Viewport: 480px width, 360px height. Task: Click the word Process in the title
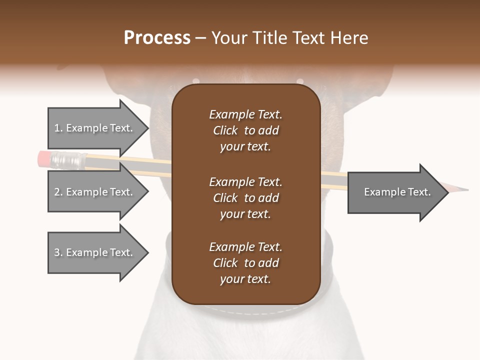click(x=157, y=38)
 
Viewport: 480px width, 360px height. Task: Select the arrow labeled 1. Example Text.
click(x=95, y=128)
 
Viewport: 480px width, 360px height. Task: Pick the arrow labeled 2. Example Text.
click(x=95, y=192)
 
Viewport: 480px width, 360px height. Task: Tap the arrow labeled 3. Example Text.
click(x=95, y=252)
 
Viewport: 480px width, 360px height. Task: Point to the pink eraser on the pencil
click(x=44, y=159)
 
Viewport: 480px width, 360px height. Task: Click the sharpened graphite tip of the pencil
click(x=465, y=190)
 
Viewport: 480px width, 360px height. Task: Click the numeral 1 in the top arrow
click(x=57, y=128)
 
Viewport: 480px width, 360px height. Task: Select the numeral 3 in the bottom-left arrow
click(x=57, y=252)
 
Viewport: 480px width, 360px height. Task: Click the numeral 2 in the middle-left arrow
click(x=57, y=192)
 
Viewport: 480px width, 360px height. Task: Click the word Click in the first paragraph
click(x=225, y=131)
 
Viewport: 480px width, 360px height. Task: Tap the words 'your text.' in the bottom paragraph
click(x=245, y=279)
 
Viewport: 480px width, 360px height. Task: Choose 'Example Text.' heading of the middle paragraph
click(x=245, y=182)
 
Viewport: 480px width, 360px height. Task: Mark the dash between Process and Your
click(x=200, y=38)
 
